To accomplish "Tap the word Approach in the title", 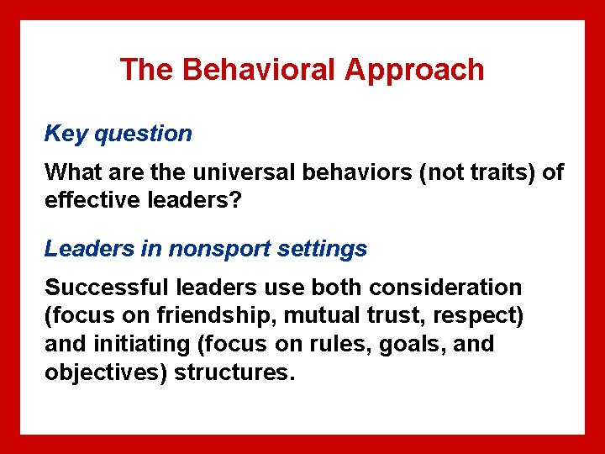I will tap(414, 70).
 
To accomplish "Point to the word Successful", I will tap(107, 288).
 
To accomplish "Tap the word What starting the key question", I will tap(70, 173).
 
